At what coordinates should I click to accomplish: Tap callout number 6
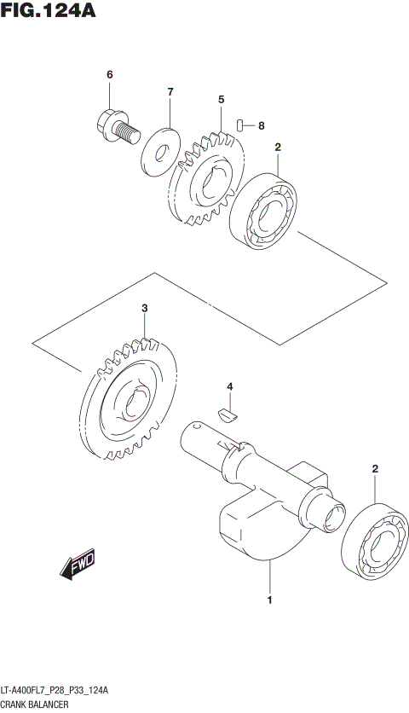109,76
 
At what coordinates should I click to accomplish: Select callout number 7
170,91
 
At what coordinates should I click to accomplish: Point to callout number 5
221,100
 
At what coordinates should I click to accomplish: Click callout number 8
261,125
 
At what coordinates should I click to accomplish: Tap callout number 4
228,388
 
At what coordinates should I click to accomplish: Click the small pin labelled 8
242,125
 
